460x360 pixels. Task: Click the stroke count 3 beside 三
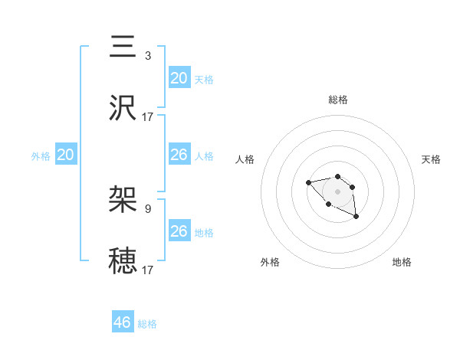[x=148, y=55]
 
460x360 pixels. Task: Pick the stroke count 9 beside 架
[x=148, y=208]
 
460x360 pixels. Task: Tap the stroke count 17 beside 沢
[x=148, y=116]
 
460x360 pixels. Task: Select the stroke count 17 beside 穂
[x=148, y=270]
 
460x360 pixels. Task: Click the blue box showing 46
[x=123, y=322]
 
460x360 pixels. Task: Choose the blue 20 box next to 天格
[x=179, y=77]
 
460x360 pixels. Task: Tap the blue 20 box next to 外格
[x=66, y=155]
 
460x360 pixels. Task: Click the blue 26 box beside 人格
[x=179, y=155]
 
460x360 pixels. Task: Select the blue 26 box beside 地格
[x=179, y=231]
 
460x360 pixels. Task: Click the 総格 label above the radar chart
[x=338, y=100]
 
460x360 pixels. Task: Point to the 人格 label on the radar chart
[x=245, y=159]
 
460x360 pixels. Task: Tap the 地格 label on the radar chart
[x=402, y=262]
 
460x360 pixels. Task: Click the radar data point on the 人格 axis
[x=308, y=182]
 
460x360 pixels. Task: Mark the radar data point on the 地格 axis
[x=356, y=218]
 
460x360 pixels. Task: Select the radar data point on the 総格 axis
[x=338, y=175]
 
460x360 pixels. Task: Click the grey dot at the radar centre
[x=338, y=191]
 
